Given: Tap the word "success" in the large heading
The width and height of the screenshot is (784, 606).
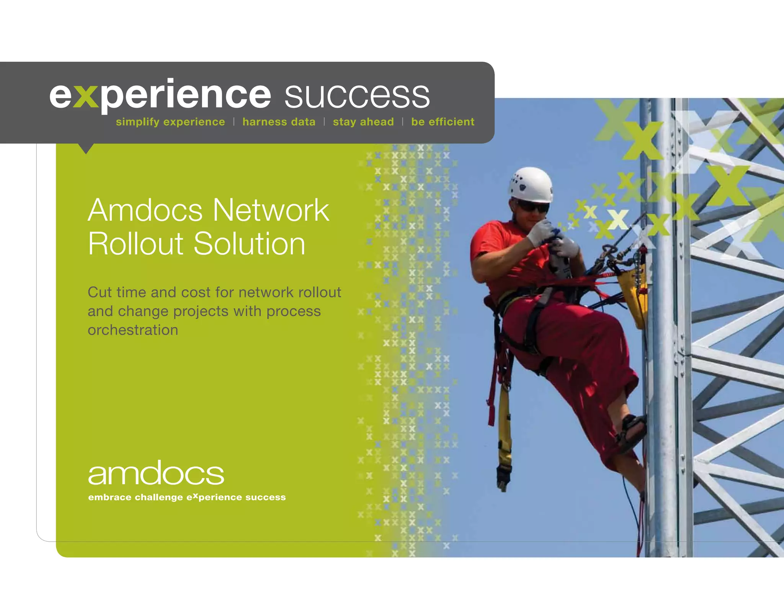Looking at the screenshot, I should click(x=357, y=95).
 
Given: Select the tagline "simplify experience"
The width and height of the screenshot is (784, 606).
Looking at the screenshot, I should click(x=170, y=122).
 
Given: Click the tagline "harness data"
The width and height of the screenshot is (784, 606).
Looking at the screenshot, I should click(x=279, y=122).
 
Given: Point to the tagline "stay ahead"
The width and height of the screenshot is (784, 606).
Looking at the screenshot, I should click(x=363, y=122).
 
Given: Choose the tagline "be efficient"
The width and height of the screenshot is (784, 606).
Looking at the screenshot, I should click(x=443, y=122).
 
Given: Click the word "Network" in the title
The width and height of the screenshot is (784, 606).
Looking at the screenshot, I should click(x=271, y=210).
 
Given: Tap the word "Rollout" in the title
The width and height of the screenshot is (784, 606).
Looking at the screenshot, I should click(x=136, y=244).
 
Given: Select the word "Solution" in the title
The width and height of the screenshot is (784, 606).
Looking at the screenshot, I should click(x=250, y=244).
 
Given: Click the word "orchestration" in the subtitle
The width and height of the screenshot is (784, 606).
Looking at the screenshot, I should click(x=133, y=330).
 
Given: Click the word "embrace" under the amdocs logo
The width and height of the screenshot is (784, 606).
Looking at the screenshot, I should click(x=109, y=497).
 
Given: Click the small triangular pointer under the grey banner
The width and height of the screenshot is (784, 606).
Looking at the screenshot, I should click(x=86, y=148).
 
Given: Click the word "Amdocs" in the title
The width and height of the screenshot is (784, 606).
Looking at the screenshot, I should click(x=145, y=210).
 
